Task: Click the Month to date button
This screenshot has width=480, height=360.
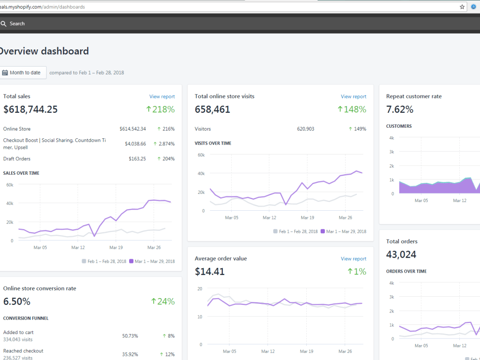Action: (23, 72)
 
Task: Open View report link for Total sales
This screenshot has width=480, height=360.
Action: (162, 96)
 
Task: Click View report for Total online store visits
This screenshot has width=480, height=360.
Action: (354, 96)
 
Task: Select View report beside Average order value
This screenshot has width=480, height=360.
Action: (354, 259)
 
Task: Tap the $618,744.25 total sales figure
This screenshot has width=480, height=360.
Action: (30, 109)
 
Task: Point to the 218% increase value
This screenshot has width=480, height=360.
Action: (160, 109)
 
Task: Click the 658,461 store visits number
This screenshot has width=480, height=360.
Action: (213, 109)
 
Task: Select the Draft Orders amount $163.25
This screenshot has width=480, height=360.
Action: (137, 158)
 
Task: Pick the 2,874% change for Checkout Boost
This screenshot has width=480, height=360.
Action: (164, 144)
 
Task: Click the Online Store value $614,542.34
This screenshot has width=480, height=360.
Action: (133, 129)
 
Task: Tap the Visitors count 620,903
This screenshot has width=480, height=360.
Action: (305, 129)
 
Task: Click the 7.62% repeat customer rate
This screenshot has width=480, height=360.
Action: (400, 109)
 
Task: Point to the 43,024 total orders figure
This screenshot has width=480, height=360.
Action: (401, 254)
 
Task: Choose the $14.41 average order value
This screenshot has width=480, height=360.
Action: (210, 272)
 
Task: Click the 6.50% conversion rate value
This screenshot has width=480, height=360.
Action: (17, 301)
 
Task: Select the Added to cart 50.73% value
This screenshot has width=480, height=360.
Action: (130, 336)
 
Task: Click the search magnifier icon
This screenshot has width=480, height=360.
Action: (3, 24)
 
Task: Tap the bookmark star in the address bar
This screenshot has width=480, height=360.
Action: (462, 7)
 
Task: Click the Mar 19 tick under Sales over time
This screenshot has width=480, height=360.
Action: (116, 247)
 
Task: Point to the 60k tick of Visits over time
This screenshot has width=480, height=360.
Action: (201, 155)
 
